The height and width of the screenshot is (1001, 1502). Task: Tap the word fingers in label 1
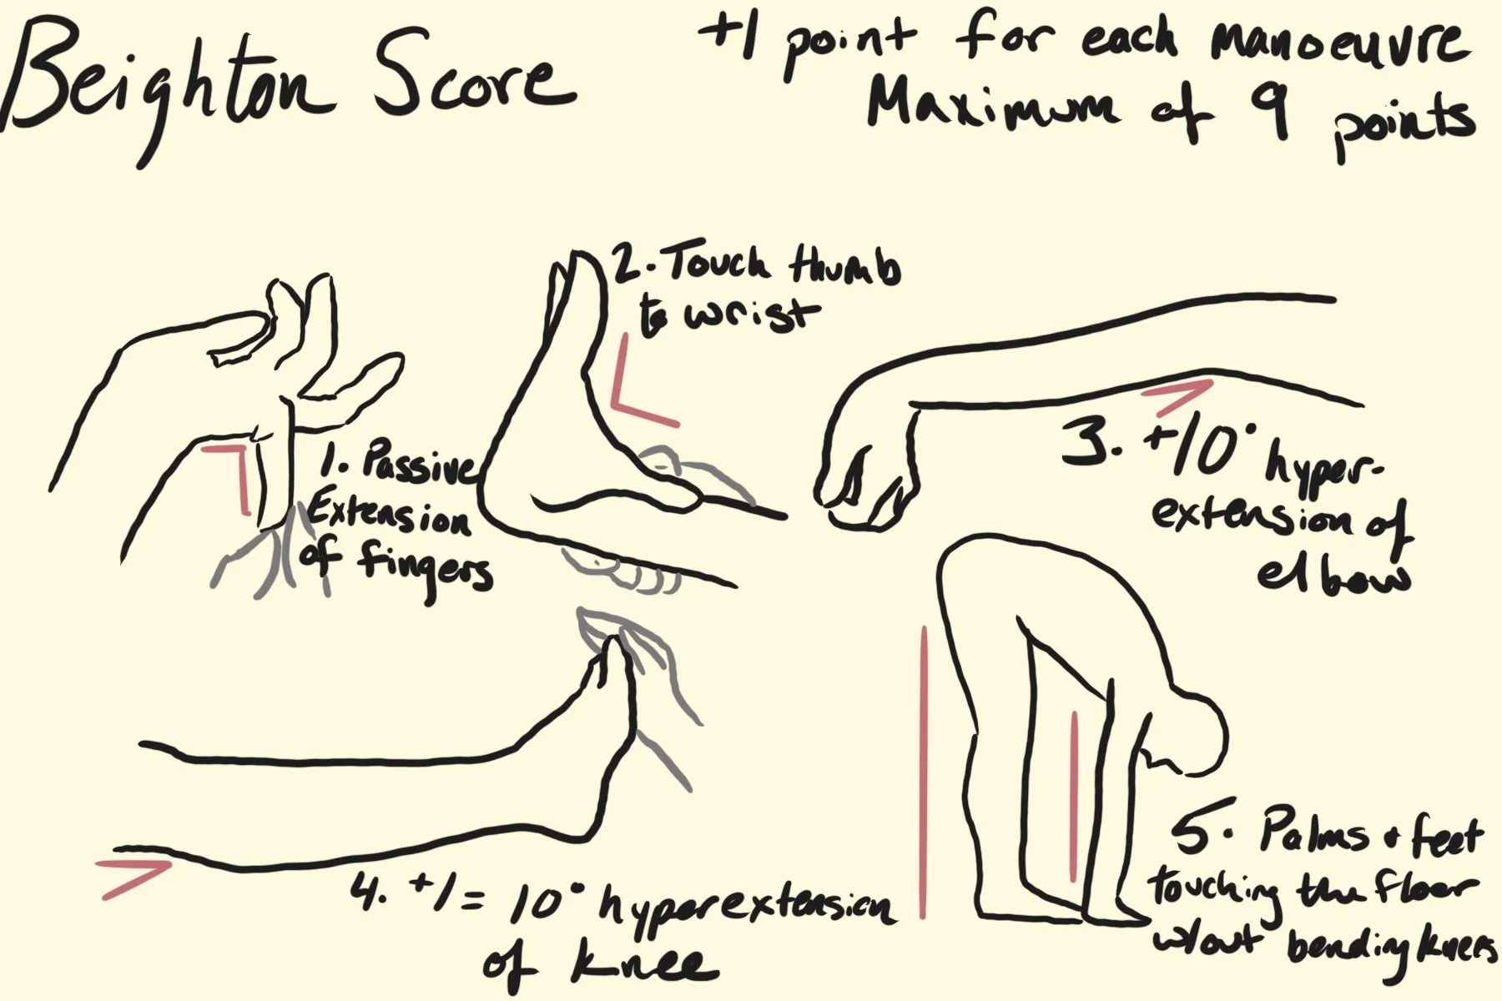(x=426, y=567)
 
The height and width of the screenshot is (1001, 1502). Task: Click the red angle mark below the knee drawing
(x=134, y=878)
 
